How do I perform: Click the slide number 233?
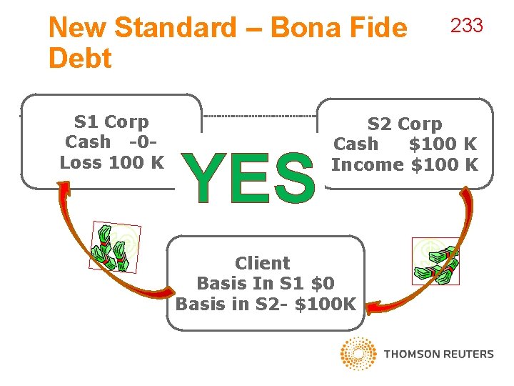(x=466, y=26)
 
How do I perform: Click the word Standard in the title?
(x=175, y=29)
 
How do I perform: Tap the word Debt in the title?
(x=80, y=59)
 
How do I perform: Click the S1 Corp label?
(x=111, y=122)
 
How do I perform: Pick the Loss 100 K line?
(x=111, y=162)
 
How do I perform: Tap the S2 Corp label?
(x=404, y=124)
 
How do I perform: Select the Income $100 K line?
(x=404, y=164)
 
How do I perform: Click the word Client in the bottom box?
(x=263, y=263)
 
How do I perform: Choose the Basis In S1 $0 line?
(x=265, y=283)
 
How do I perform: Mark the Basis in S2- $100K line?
(x=265, y=304)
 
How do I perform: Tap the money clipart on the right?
(x=435, y=261)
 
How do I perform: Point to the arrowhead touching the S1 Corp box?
(x=64, y=189)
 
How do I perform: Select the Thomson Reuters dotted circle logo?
(x=358, y=353)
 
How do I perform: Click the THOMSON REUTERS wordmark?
(x=438, y=354)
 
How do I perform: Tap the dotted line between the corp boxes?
(x=261, y=116)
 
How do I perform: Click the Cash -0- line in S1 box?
(x=111, y=142)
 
